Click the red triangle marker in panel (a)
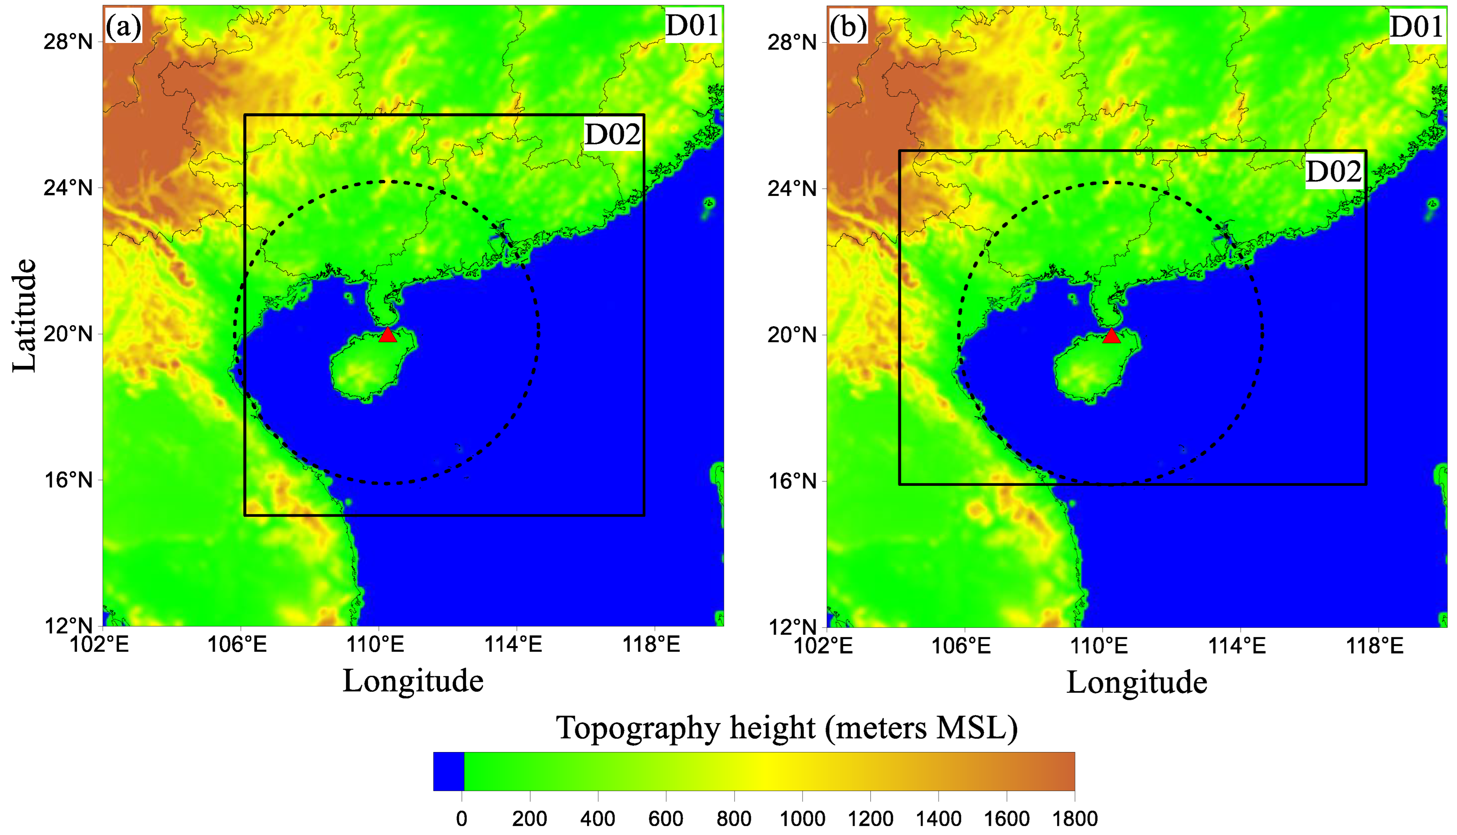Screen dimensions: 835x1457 click(x=388, y=335)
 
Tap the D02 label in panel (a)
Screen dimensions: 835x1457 click(x=613, y=135)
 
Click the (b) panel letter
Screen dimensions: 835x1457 click(x=848, y=27)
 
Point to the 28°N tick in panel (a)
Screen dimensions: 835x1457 click(x=68, y=42)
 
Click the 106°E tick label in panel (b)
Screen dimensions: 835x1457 click(x=961, y=646)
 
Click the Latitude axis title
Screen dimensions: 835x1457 click(x=24, y=315)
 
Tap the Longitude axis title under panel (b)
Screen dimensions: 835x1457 click(x=1137, y=682)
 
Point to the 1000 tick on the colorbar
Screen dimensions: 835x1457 click(x=802, y=818)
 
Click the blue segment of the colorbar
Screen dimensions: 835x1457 click(x=449, y=771)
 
